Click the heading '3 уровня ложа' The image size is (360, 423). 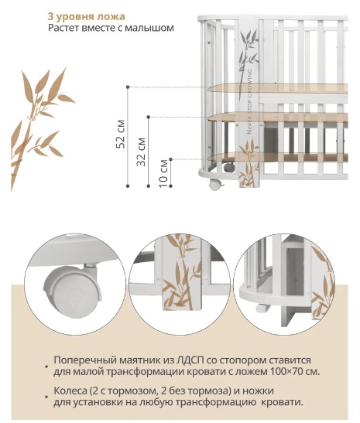(87, 17)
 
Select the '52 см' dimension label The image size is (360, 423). (121, 134)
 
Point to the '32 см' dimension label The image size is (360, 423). (141, 152)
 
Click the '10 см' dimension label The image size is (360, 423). (163, 173)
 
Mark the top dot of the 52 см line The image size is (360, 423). (128, 87)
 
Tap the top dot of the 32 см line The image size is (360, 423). (149, 117)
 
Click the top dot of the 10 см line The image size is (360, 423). (170, 159)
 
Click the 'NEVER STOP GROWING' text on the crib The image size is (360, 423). (249, 101)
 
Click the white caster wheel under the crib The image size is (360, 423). (215, 185)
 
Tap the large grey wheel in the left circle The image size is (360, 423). (72, 287)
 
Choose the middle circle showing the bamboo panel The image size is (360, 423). (179, 285)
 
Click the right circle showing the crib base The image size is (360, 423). (284, 285)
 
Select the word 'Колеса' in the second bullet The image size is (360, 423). (69, 391)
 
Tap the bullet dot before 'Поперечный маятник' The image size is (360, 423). (46, 367)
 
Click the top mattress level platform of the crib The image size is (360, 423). (278, 88)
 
